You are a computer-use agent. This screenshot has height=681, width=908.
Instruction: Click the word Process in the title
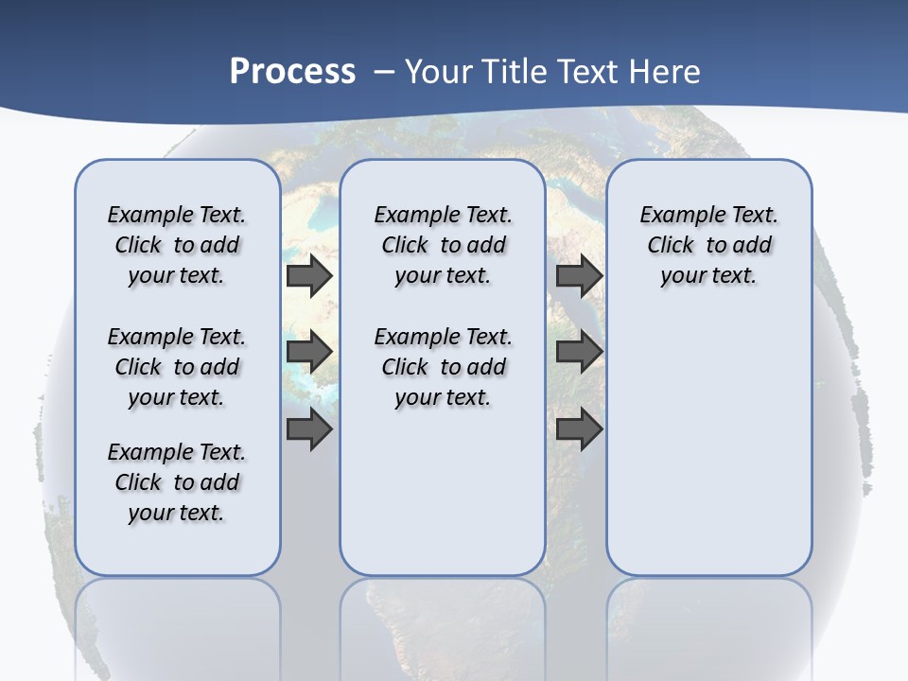(292, 72)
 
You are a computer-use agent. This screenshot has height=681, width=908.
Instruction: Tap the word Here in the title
(662, 72)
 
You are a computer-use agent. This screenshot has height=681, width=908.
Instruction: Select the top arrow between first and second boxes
(309, 275)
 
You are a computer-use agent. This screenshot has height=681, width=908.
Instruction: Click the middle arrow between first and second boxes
(309, 352)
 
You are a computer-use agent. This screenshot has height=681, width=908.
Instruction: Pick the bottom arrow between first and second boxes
(309, 429)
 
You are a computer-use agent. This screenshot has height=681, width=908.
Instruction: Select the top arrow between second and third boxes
(580, 275)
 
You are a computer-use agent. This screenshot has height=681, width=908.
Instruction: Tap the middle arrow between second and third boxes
(580, 352)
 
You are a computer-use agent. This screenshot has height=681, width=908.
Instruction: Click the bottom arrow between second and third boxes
(580, 429)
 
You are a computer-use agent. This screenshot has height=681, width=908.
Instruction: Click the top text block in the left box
(177, 245)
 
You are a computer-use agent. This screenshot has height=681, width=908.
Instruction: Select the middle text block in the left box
(177, 367)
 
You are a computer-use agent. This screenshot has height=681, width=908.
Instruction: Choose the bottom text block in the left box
(177, 482)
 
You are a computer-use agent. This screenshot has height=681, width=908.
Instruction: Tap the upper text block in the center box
(443, 245)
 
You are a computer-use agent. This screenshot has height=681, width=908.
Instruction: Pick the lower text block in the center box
(443, 367)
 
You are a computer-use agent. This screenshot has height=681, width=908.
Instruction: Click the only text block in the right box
(708, 245)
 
